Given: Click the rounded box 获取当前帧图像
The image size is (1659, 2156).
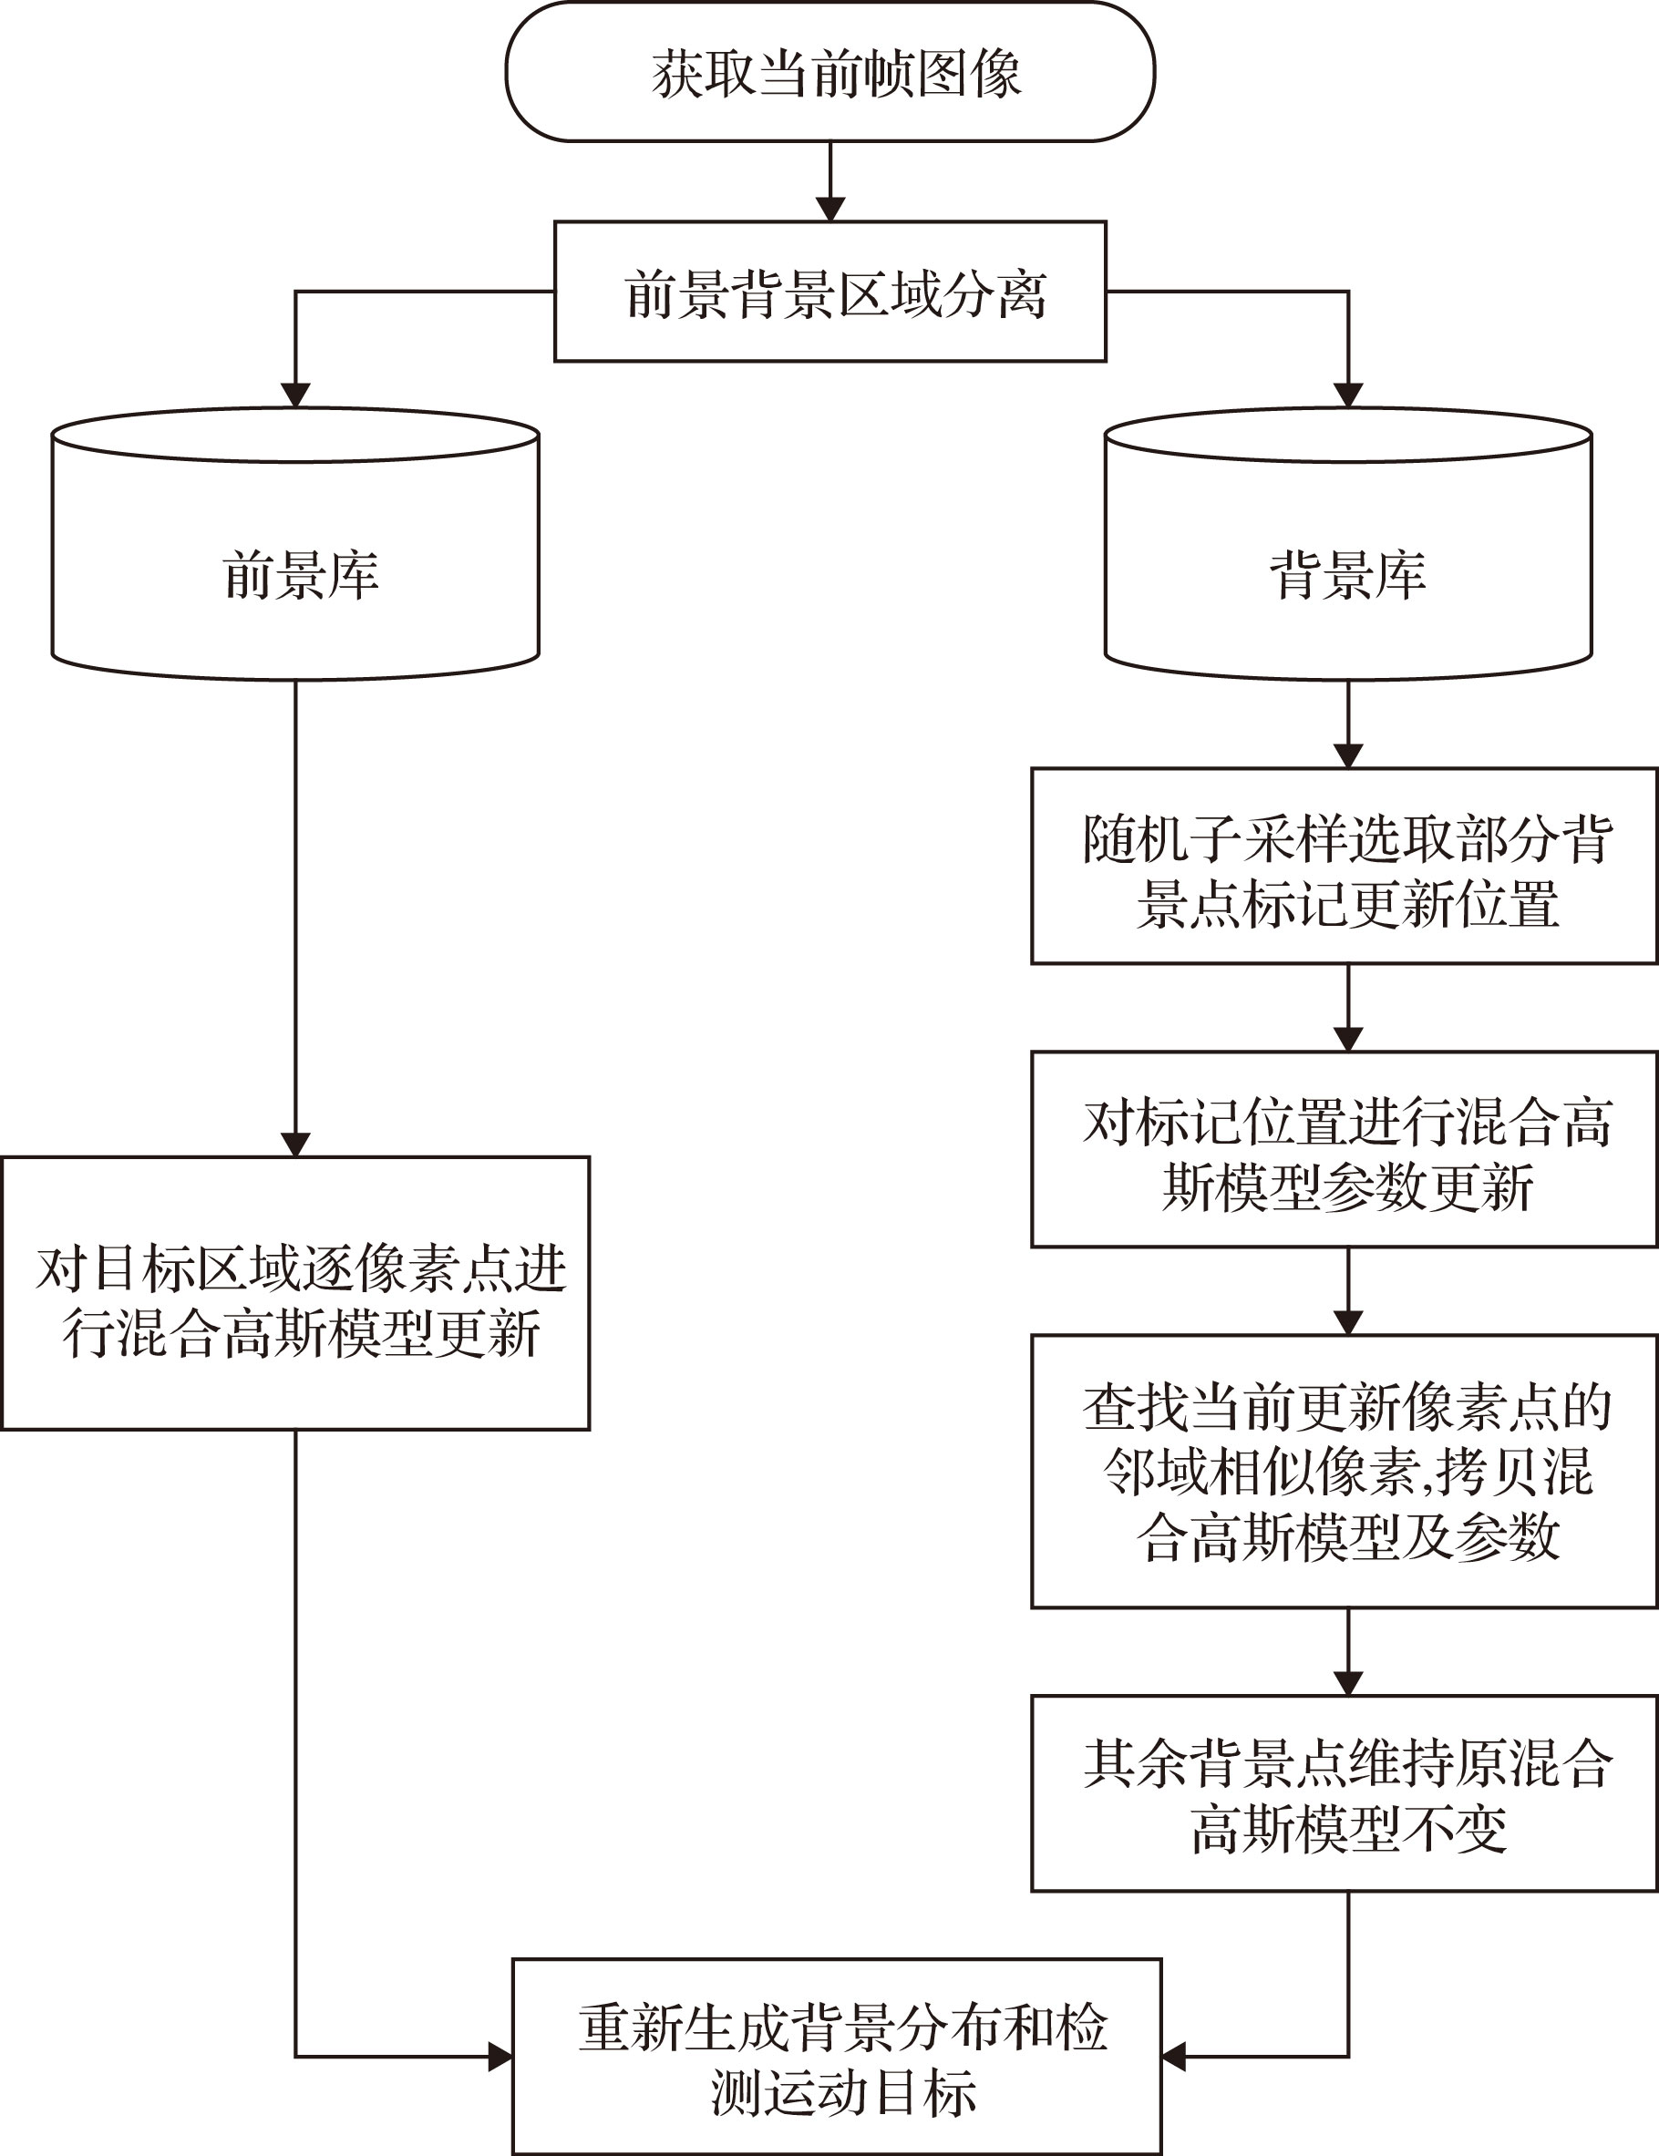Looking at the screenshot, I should point(829,72).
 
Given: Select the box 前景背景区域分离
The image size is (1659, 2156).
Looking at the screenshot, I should point(829,292).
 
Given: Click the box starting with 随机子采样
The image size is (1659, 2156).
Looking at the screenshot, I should point(1344,866).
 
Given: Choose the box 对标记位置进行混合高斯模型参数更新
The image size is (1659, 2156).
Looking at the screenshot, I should point(1344,1149).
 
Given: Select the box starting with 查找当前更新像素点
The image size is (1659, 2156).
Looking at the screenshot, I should point(1344,1472).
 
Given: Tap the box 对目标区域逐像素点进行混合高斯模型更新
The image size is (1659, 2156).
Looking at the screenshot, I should point(295,1293).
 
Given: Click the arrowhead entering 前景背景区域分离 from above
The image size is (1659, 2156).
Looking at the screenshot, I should point(829,210).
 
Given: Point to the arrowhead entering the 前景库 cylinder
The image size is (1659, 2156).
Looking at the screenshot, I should point(295,395).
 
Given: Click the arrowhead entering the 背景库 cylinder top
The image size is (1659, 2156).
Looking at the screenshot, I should point(1348,395).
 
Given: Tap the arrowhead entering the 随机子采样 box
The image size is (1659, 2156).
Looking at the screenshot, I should point(1348,756).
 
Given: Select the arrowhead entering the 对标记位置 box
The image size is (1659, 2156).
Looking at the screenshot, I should point(1348,1040).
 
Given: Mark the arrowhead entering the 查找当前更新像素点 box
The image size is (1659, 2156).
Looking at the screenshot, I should point(1348,1323).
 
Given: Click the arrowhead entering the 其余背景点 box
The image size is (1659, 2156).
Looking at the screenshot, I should point(1348,1684).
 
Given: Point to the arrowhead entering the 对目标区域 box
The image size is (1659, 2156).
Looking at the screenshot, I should point(295,1145).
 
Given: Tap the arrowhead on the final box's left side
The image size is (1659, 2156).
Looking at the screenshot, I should point(500,2058).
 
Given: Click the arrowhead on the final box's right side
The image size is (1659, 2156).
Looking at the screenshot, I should point(1174,2058).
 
